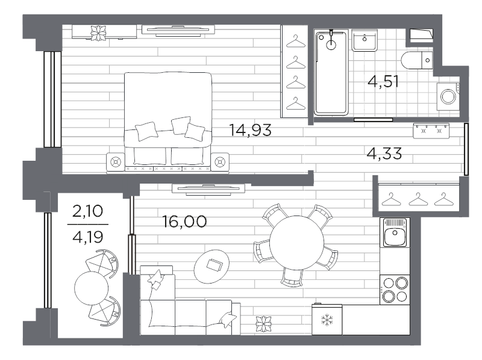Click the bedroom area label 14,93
point(250,130)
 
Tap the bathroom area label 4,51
point(383,81)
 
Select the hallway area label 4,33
point(384,154)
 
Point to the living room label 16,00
point(184,222)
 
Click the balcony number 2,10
point(87,211)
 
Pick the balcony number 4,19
point(87,237)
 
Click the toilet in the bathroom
point(417,60)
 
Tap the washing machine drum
point(448,96)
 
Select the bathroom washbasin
point(365,40)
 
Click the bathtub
point(331,72)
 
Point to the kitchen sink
point(395,232)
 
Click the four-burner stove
point(395,290)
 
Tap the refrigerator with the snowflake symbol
point(327,320)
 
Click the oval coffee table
point(211,267)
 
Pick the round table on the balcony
point(92,288)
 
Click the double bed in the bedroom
point(168,121)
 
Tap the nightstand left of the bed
point(116,161)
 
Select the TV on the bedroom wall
point(178,30)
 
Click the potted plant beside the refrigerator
point(264,324)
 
